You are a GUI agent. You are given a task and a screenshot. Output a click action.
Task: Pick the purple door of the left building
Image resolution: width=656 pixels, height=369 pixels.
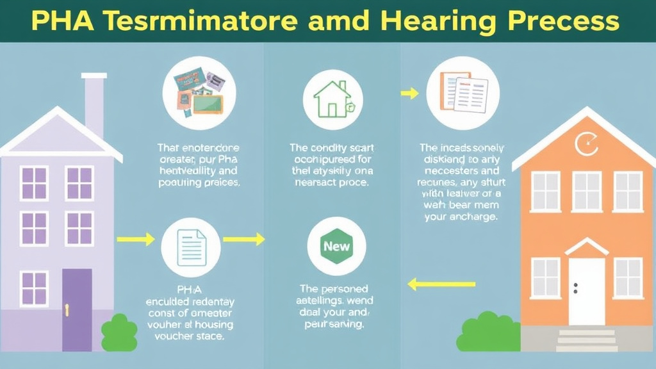[x=77, y=309]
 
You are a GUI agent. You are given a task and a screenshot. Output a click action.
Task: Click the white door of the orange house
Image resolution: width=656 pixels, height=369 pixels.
[x=586, y=291]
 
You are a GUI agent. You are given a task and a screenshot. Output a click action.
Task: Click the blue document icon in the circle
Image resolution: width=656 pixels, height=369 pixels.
[x=192, y=245]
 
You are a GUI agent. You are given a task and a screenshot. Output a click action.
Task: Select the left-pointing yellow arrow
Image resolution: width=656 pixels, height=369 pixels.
[x=441, y=283]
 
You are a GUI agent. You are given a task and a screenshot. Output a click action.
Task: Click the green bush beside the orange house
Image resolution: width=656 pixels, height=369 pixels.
[x=486, y=332]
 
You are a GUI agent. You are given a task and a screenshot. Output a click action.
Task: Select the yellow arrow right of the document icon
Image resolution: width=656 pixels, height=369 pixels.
[x=243, y=239]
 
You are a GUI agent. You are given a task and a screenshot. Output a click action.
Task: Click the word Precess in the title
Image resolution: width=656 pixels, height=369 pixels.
[x=568, y=21]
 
